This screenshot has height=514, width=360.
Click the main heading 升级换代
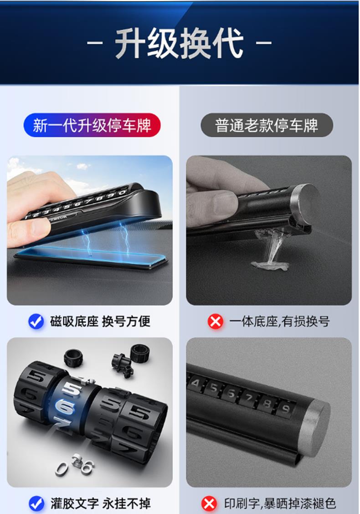pyautogui.click(x=180, y=43)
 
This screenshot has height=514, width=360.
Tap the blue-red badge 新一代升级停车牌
pyautogui.click(x=92, y=125)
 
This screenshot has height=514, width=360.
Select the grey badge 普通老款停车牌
pyautogui.click(x=267, y=125)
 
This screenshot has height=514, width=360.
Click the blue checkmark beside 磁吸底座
pyautogui.click(x=36, y=322)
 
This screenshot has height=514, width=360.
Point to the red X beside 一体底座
pyautogui.click(x=215, y=322)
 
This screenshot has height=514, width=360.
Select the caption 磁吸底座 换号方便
pyautogui.click(x=100, y=322)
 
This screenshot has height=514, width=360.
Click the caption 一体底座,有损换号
pyautogui.click(x=279, y=322)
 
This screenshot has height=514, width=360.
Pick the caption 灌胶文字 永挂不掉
pyautogui.click(x=100, y=504)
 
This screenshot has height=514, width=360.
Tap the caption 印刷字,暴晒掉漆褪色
pyautogui.click(x=280, y=504)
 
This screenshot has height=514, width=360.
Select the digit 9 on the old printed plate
pyautogui.click(x=286, y=409)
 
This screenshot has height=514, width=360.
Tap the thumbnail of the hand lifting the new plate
pyautogui.click(x=90, y=230)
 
